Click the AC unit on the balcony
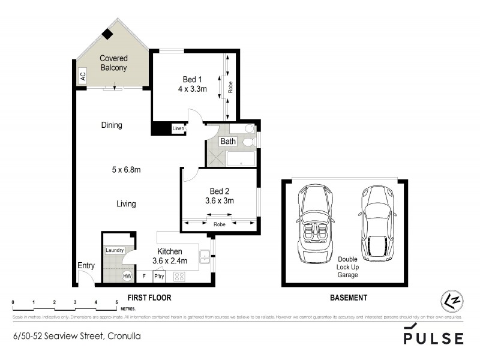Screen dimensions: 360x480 click(83, 76)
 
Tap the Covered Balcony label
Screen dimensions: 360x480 click(113, 63)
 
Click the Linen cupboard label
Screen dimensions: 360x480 click(178, 128)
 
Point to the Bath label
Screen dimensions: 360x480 click(228, 142)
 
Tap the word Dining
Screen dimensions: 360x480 click(112, 125)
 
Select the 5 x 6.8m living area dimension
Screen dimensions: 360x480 click(126, 170)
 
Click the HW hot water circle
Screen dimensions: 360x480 click(127, 276)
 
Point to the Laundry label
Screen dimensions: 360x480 click(115, 250)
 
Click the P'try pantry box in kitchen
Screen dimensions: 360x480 click(159, 277)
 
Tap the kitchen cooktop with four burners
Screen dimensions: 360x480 click(178, 277)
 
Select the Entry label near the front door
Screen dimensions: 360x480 click(86, 266)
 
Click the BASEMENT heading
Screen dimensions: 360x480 click(349, 298)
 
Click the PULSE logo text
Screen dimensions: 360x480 click(433, 338)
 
